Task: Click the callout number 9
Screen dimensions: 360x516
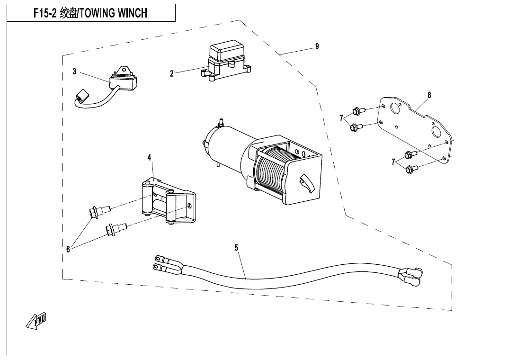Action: point(317,46)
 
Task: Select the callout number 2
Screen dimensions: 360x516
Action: point(172,73)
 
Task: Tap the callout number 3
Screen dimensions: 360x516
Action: point(74,72)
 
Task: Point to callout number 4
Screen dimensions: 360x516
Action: point(149,157)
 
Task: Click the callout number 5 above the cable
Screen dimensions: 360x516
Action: point(236,247)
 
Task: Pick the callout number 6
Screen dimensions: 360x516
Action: point(68,249)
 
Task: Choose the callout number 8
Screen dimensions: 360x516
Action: point(429,95)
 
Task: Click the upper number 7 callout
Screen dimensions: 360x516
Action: point(341,118)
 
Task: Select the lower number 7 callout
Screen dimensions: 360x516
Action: point(393,162)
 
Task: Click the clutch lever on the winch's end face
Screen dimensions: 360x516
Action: point(305,182)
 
